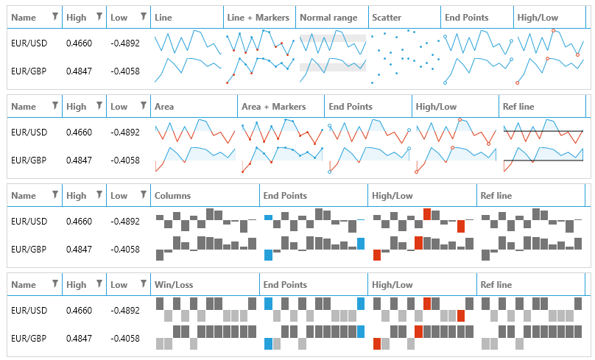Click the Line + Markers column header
coord(258,17)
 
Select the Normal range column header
coord(328,17)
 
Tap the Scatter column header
coord(387,17)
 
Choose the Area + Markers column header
coord(273,107)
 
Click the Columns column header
coord(173,196)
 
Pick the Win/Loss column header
coord(174,285)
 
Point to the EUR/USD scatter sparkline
coord(405,43)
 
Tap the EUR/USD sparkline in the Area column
coord(195,133)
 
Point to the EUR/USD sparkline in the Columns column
coord(205,221)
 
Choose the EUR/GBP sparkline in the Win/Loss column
coord(205,337)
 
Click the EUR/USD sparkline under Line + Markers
coord(260,43)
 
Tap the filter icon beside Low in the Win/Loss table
coord(143,284)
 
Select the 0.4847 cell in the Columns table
coord(77,250)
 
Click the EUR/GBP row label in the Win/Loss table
coord(29,339)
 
